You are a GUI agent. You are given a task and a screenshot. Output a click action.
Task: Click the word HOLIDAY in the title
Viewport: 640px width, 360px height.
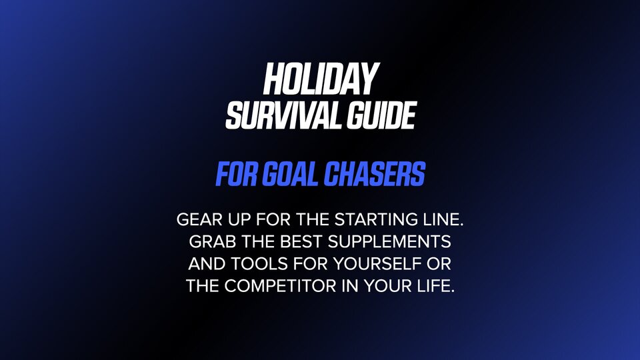[x=321, y=79]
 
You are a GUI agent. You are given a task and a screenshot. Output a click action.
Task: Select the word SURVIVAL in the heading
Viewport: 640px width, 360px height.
[x=283, y=115]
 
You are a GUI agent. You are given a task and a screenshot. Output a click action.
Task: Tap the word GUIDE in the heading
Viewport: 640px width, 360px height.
[x=381, y=115]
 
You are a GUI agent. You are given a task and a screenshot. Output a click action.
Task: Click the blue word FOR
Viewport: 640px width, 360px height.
[x=237, y=174]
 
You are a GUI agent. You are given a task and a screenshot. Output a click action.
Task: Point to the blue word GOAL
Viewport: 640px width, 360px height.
[x=290, y=174]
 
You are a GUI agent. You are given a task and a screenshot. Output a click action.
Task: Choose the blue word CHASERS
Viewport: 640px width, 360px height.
[x=374, y=174]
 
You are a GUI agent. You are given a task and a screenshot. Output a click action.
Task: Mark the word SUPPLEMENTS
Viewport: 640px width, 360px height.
[x=389, y=241]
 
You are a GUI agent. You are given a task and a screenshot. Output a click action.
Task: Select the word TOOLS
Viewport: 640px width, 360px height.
[x=259, y=264]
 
